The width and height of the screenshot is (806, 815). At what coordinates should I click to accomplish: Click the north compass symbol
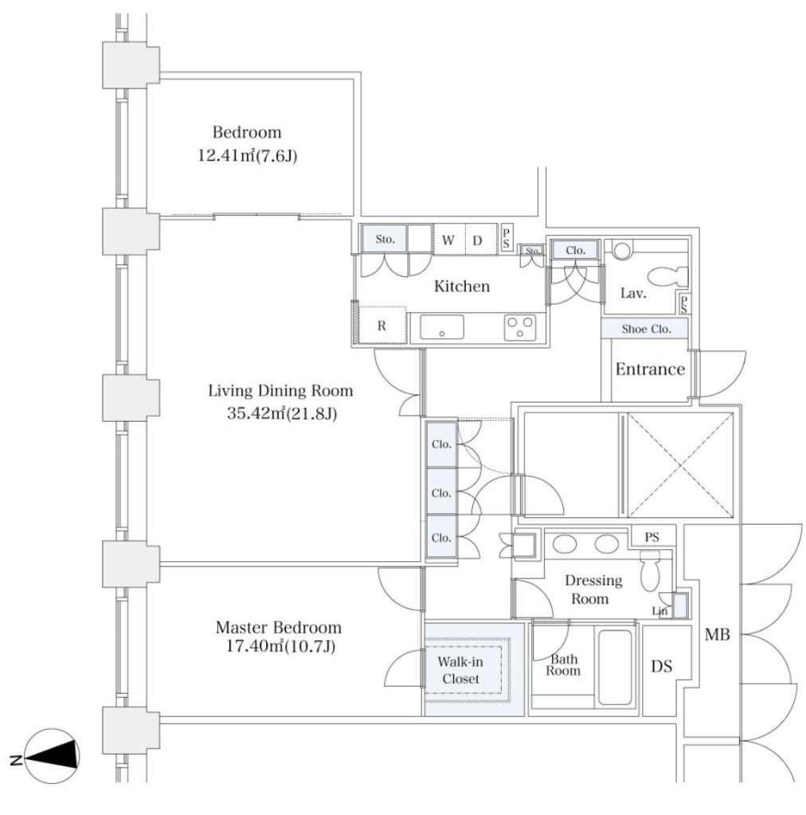(51, 757)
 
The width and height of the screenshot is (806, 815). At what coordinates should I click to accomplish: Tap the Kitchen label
(462, 287)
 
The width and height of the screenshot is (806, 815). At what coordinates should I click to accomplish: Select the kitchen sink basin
(441, 327)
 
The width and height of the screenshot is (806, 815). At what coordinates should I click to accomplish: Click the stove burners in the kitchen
(520, 327)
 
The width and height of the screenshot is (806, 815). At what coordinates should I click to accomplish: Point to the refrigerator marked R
(381, 325)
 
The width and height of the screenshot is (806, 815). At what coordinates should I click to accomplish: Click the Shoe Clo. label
(647, 329)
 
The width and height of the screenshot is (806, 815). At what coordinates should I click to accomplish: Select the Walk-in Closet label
(460, 670)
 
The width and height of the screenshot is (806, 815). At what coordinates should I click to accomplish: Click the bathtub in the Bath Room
(615, 667)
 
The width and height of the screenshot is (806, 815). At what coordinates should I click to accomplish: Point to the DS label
(661, 666)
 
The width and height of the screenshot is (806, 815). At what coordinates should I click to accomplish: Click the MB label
(717, 634)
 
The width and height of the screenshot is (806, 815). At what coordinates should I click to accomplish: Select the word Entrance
(650, 369)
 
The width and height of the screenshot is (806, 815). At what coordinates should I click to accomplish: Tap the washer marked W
(448, 240)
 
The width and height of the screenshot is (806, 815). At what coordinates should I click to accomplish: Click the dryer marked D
(477, 240)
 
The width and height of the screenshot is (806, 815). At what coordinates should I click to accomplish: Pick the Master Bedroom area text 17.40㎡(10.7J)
(280, 646)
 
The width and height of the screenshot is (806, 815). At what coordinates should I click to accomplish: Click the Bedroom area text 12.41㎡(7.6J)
(248, 155)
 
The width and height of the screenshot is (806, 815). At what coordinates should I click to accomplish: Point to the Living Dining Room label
(280, 390)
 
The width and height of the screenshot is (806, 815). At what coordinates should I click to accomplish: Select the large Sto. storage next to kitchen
(385, 239)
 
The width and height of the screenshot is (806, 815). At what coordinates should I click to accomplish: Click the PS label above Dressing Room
(652, 537)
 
